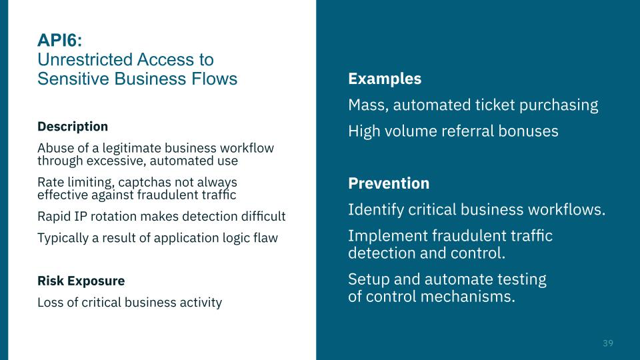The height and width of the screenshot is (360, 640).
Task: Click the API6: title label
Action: click(x=60, y=41)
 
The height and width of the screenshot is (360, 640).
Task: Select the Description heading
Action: click(x=73, y=126)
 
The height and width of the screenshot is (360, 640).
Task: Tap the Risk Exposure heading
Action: click(x=81, y=281)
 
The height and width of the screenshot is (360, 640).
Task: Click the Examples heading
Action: click(x=385, y=79)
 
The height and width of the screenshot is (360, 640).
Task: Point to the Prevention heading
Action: click(x=389, y=183)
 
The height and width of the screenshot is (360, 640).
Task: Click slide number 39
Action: click(x=607, y=343)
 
